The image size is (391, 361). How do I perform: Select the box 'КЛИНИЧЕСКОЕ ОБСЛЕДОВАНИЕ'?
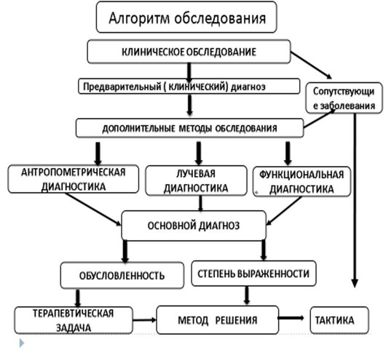tap(189, 52)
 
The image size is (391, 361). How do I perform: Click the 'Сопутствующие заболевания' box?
tap(344, 98)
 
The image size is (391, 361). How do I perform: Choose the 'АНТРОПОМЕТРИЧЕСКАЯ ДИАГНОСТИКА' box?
tap(73, 179)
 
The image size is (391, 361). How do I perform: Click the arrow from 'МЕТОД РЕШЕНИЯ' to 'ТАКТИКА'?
tap(294, 319)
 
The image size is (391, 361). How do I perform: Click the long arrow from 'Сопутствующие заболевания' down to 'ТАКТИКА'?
tap(355, 204)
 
